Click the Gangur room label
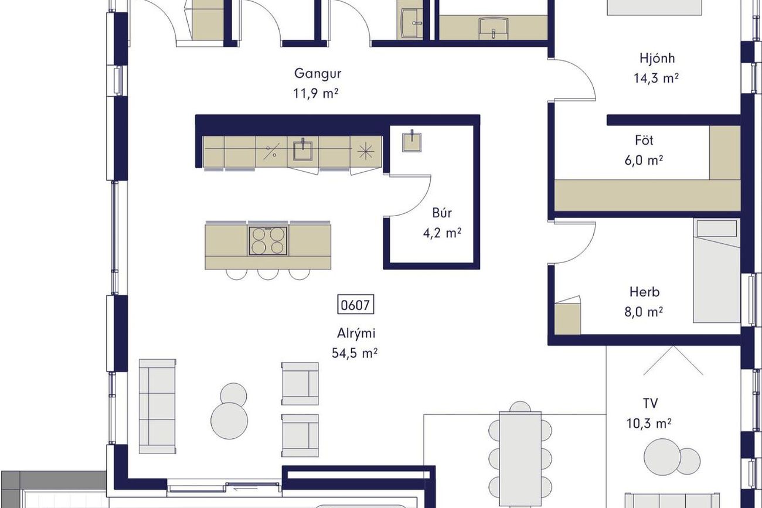click(318, 74)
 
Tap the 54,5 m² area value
click(355, 353)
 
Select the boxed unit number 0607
click(355, 305)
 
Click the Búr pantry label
click(442, 213)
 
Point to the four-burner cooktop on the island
click(268, 241)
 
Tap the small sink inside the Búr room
click(412, 141)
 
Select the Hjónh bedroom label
click(657, 59)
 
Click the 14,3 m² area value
click(656, 79)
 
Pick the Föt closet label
click(644, 140)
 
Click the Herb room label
click(644, 292)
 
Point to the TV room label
click(650, 403)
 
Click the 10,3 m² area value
click(649, 424)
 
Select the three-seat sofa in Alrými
click(158, 406)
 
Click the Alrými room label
click(356, 333)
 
